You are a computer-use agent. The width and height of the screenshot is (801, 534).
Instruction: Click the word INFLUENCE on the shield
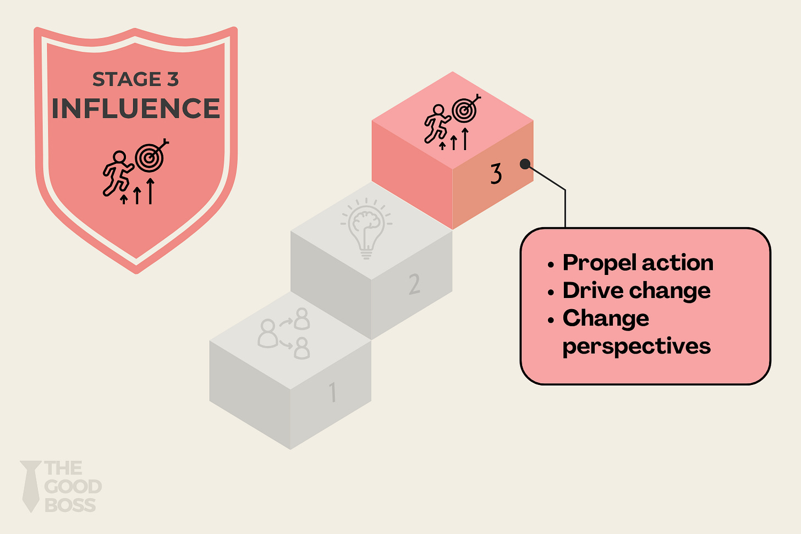(x=135, y=108)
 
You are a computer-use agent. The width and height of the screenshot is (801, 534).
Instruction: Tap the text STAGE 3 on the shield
(x=135, y=80)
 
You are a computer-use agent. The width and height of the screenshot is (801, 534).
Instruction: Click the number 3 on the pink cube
(x=496, y=174)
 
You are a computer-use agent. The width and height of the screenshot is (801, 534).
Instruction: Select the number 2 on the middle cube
(x=414, y=284)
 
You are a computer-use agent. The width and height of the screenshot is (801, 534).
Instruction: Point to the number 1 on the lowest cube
(x=332, y=393)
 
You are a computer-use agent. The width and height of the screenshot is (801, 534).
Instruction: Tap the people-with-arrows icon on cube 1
(x=284, y=333)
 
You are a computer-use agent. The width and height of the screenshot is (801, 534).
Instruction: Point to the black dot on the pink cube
(x=525, y=164)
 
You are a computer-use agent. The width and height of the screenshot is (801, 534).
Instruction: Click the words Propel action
(x=638, y=263)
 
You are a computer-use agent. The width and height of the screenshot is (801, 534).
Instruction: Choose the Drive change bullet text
(x=636, y=290)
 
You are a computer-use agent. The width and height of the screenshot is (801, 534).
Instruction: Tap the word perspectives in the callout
(x=636, y=346)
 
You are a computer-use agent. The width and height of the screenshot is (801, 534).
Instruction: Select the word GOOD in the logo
(x=73, y=487)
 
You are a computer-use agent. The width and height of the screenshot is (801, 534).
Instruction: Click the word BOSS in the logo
(x=70, y=505)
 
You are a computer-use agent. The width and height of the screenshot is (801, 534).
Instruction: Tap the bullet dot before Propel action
(x=551, y=265)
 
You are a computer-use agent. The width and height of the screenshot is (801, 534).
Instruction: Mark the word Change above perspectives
(x=606, y=318)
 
